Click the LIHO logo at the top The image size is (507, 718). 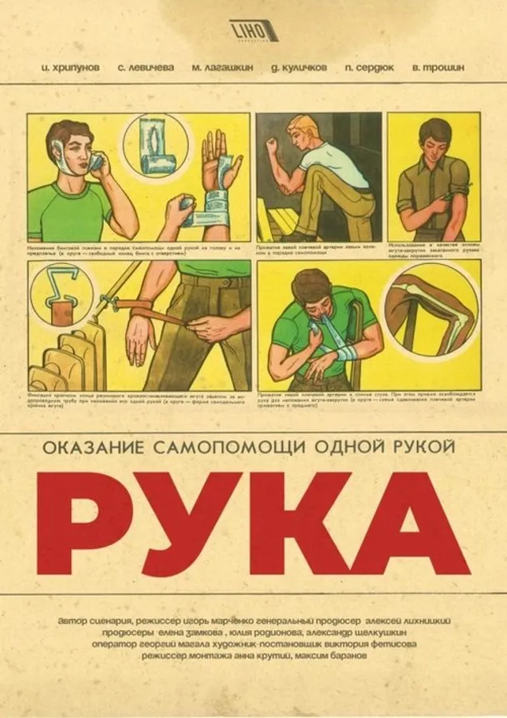coord(253,31)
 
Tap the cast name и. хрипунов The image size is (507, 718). coord(70,68)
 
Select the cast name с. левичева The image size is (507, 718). coord(147,68)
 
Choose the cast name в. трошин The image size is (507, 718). coord(438,68)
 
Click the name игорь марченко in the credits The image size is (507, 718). coord(237,620)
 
